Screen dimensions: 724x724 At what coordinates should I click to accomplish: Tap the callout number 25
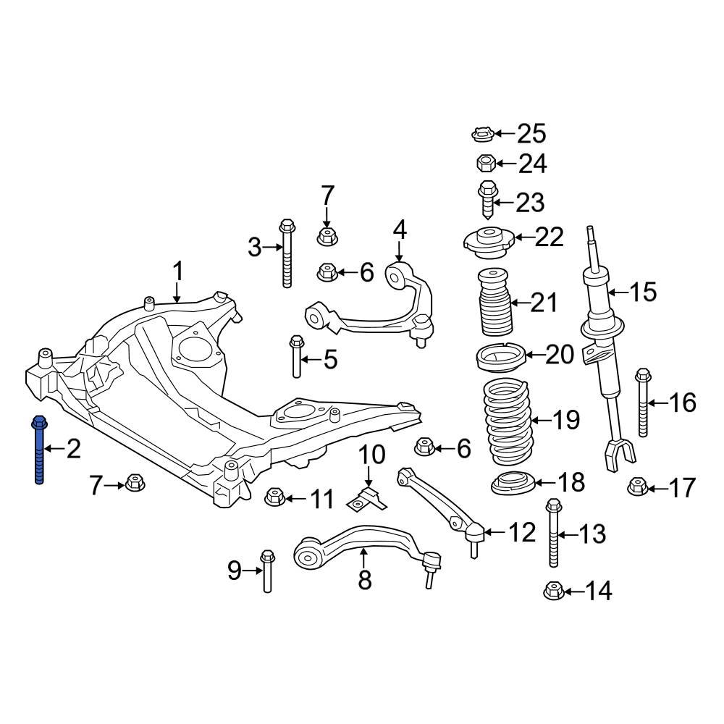click(531, 134)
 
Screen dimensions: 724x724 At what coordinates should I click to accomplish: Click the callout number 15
click(642, 292)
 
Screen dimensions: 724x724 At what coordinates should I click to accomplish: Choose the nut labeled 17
click(636, 487)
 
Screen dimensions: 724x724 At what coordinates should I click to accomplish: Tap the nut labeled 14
click(553, 591)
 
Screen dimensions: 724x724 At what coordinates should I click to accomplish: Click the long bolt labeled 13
click(553, 534)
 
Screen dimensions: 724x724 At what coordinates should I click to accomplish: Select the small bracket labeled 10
click(367, 500)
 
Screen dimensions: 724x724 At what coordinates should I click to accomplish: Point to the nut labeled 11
click(274, 497)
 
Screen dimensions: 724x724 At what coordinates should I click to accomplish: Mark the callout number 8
click(364, 579)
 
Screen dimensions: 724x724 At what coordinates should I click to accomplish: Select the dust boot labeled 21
click(492, 303)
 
